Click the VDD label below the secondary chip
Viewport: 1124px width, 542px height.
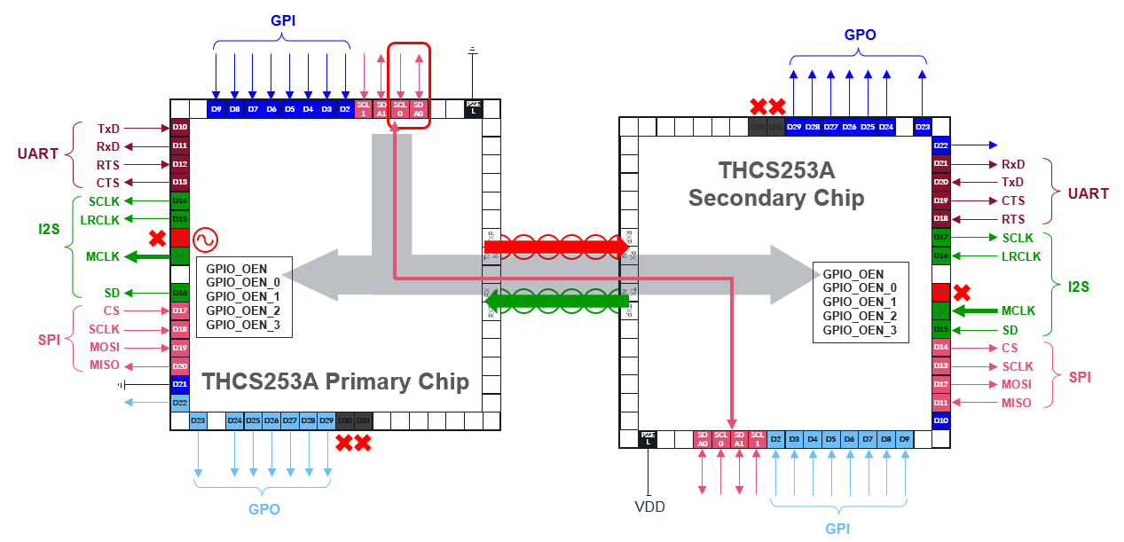pos(649,507)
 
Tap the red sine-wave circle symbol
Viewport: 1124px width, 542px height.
pos(206,239)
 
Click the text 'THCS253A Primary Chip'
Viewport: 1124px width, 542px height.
pos(335,381)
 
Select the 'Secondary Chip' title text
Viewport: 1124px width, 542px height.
pos(776,197)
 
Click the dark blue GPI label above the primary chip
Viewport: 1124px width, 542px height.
pos(282,20)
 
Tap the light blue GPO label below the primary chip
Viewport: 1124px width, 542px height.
pos(263,509)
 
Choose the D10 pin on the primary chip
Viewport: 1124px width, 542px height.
pos(179,128)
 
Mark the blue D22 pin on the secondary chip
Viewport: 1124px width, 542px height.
pos(941,145)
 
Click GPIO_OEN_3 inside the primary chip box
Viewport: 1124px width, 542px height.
pos(243,325)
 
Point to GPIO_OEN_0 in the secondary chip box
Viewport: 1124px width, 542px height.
pos(860,287)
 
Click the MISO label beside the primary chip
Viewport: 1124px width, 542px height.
pos(104,365)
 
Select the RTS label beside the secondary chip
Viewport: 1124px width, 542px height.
pos(1012,219)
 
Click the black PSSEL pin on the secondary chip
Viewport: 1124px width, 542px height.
pos(648,439)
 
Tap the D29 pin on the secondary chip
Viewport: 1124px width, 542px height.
pos(794,127)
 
